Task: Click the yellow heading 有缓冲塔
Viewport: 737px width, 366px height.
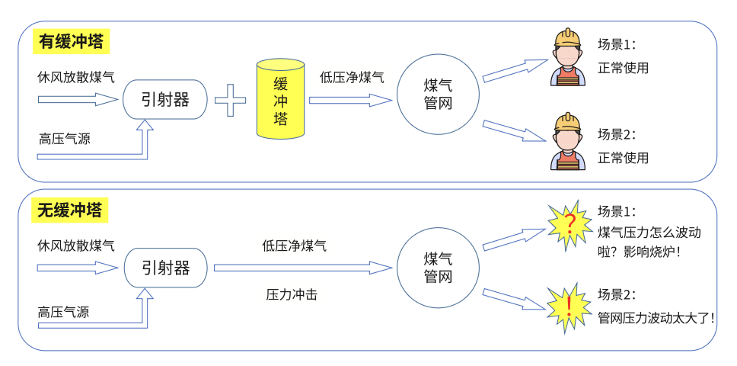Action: [72, 41]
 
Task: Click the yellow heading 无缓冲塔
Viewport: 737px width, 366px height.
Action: [72, 210]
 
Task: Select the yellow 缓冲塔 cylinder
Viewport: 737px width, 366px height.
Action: [281, 100]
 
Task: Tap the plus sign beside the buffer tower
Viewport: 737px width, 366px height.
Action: [230, 100]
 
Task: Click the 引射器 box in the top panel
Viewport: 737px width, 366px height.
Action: [164, 100]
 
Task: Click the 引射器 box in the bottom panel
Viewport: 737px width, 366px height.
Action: [164, 268]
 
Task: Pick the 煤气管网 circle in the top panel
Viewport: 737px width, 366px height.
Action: [438, 95]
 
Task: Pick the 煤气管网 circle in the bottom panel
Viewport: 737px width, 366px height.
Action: [438, 268]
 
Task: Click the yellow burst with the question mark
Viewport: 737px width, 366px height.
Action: [569, 224]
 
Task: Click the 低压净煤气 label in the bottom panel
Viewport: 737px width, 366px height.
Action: [294, 246]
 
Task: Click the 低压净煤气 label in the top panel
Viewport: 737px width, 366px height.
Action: [352, 77]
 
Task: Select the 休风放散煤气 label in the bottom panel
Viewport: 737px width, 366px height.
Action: [76, 246]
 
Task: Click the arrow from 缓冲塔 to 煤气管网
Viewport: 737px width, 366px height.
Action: [349, 100]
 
